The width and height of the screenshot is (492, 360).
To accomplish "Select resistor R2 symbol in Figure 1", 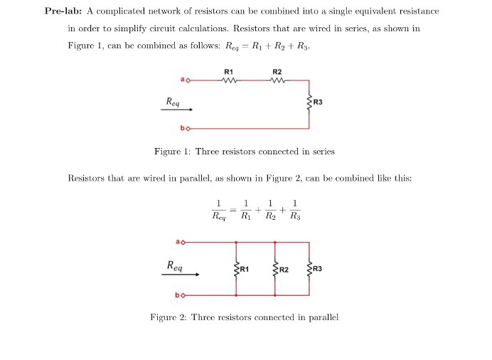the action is pyautogui.click(x=277, y=80).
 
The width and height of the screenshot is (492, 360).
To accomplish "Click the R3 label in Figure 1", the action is pyautogui.click(x=318, y=102).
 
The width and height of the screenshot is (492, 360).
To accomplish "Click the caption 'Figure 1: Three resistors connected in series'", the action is pyautogui.click(x=244, y=152).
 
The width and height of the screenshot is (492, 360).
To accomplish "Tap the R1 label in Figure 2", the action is pyautogui.click(x=244, y=269).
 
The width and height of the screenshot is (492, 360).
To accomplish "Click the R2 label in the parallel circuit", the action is pyautogui.click(x=283, y=269).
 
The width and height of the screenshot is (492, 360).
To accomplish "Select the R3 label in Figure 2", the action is pyautogui.click(x=318, y=268).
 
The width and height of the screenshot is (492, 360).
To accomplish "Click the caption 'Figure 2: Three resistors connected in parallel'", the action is pyautogui.click(x=244, y=317).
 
